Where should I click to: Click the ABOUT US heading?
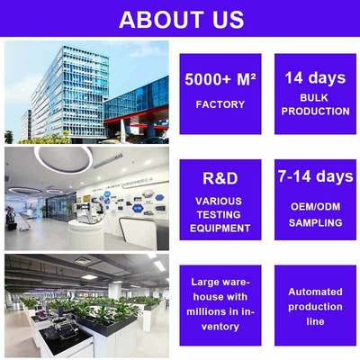point(181,19)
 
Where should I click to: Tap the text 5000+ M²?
point(220,78)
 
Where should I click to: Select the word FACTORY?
point(220,104)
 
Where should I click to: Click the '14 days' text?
point(314,77)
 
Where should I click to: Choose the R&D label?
point(220,176)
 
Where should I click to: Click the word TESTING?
point(220,214)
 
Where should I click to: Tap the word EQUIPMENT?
point(220,228)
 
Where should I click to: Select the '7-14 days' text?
point(314,176)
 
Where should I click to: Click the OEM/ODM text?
point(314,206)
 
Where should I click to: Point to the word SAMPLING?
point(314,221)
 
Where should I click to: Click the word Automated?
point(314,292)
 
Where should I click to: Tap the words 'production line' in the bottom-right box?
point(314,314)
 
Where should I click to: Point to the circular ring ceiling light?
point(63,160)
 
